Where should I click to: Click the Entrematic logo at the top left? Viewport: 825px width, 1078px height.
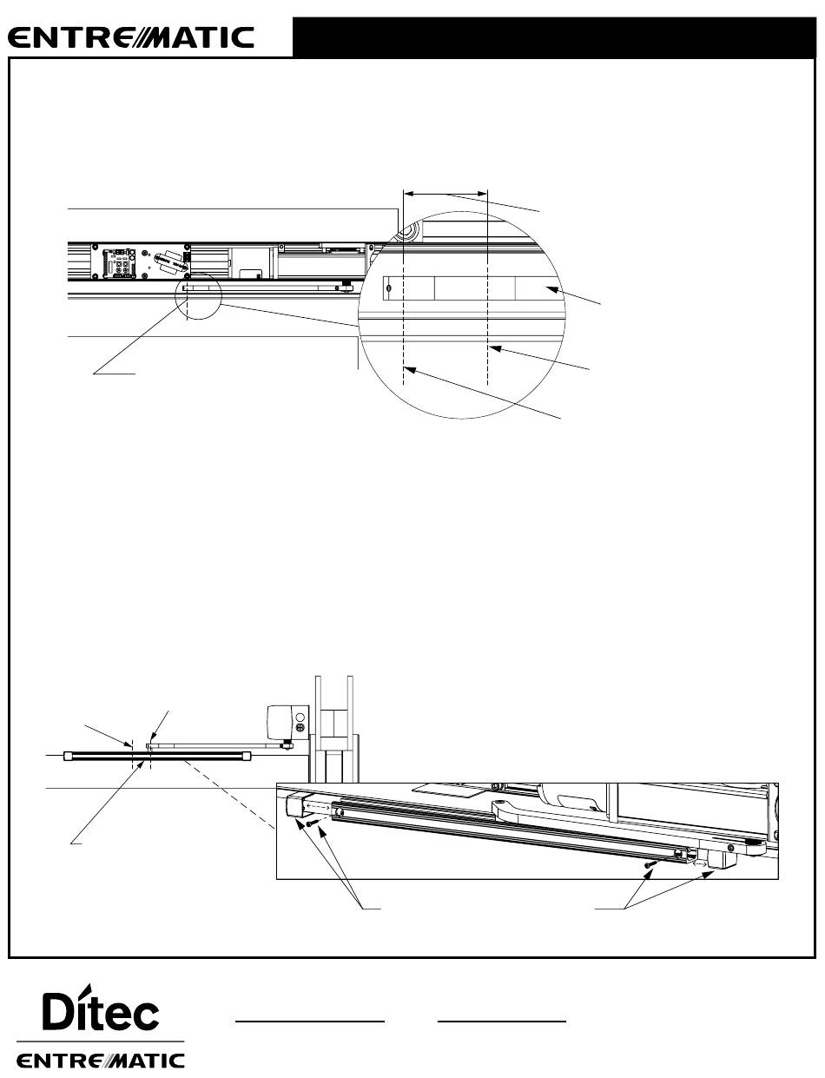click(131, 37)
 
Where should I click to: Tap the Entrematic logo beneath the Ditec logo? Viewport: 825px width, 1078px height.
click(101, 1061)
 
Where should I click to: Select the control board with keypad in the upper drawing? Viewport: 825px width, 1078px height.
click(120, 262)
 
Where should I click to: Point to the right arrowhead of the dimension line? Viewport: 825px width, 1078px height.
click(482, 194)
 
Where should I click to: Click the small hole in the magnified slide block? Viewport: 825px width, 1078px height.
click(389, 288)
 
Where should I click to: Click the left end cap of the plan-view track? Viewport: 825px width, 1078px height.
click(68, 756)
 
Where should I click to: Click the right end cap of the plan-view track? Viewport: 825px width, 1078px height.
click(247, 756)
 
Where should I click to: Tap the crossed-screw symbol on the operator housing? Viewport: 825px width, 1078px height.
click(300, 727)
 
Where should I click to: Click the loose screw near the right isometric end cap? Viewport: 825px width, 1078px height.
click(650, 864)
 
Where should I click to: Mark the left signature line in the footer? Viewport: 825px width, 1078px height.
click(310, 1022)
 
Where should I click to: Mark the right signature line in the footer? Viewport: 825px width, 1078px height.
click(502, 1022)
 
